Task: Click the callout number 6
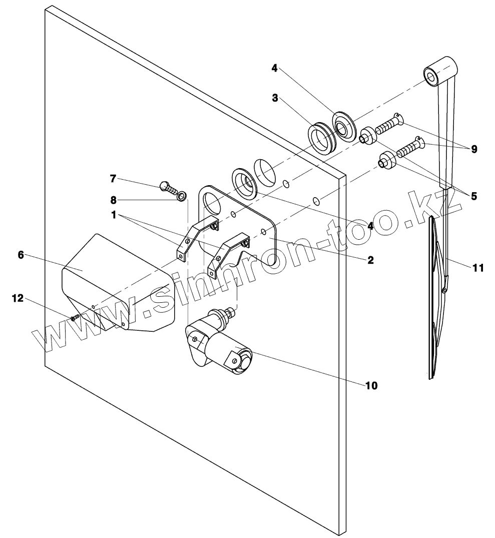pos(21,255)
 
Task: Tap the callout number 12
pos(18,298)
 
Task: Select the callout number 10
pos(371,385)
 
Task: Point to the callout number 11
pos(478,268)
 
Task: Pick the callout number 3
pos(275,98)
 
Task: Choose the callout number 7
pos(113,178)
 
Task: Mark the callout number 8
pos(113,200)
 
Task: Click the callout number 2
pos(370,260)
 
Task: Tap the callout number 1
pos(114,215)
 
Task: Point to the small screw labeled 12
pos(75,317)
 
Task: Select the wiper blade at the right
pos(433,300)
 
